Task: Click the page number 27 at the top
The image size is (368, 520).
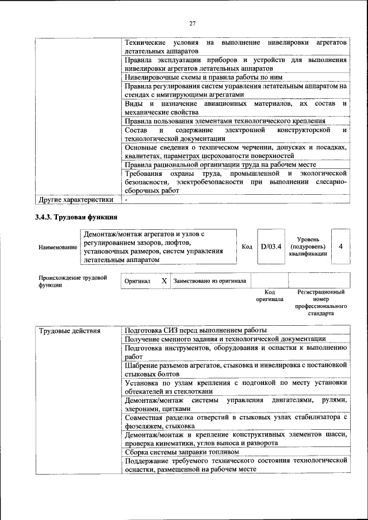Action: coord(193,23)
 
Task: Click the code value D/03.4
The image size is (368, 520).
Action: coord(270,246)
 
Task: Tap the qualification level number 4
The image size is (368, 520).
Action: coord(341,246)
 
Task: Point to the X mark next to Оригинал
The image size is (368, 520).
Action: coord(164,281)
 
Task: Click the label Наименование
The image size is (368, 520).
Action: coord(57,247)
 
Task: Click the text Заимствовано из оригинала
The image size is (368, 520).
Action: coord(210,281)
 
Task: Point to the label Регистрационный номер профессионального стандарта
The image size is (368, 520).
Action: coord(320,303)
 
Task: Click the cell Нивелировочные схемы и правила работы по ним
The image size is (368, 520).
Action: coord(203,77)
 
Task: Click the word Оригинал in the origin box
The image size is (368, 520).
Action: coord(137,281)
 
